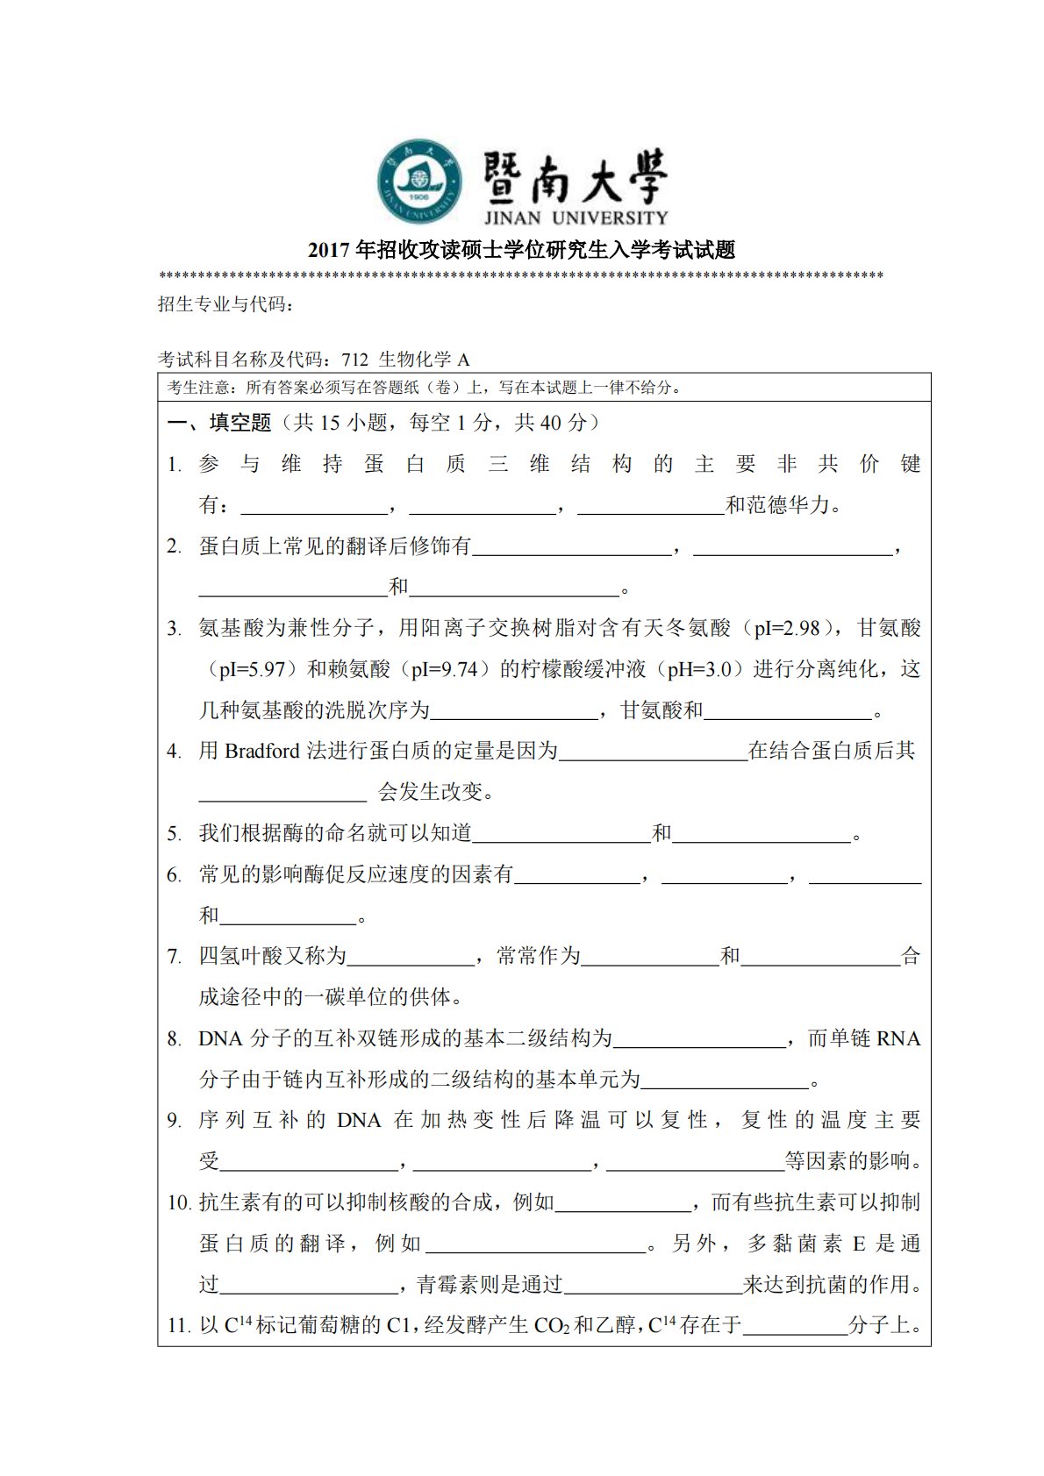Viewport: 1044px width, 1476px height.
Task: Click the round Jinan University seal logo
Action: pos(420,182)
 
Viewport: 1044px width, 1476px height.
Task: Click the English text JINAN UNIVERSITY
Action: pos(576,217)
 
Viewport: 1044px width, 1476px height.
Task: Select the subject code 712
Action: pos(355,359)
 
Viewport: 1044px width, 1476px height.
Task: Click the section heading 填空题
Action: pos(240,423)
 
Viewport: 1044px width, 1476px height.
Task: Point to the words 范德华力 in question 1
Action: pos(788,505)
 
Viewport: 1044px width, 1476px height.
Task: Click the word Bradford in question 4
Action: pos(262,751)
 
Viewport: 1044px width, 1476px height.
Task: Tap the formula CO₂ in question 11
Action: pos(552,1325)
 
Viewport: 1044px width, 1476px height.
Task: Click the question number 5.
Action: pos(174,833)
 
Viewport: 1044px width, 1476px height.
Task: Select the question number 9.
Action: pos(174,1121)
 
